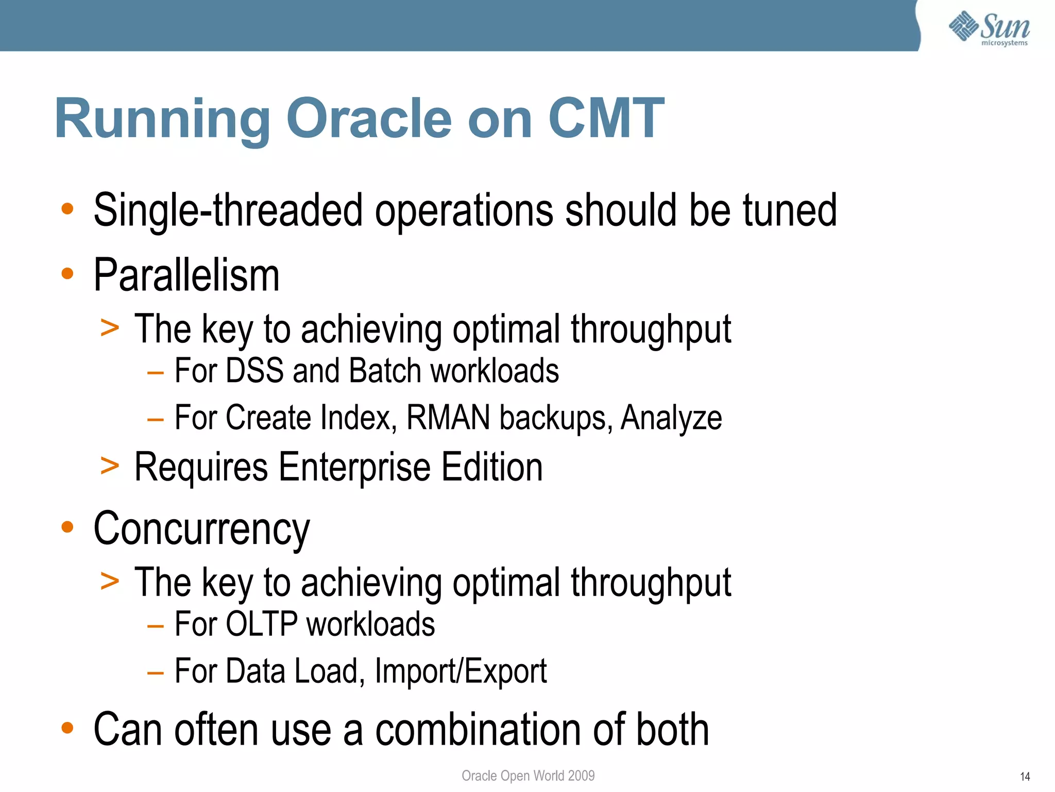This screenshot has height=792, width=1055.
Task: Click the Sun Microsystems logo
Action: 989,28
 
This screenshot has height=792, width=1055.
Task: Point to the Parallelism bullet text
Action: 186,275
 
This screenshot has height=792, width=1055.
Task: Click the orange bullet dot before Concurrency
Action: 67,527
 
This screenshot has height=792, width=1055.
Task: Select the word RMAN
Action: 448,417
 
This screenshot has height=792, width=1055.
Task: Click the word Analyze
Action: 671,418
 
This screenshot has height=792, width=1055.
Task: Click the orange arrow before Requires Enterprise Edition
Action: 110,466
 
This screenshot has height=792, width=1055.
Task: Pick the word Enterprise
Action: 354,467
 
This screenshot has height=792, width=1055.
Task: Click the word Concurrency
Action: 202,529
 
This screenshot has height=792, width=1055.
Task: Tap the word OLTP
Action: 262,624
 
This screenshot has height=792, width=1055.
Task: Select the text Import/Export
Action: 461,671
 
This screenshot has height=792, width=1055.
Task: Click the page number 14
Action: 1025,777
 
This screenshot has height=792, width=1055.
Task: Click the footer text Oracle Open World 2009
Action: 528,775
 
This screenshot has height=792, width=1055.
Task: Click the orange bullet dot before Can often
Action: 67,728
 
